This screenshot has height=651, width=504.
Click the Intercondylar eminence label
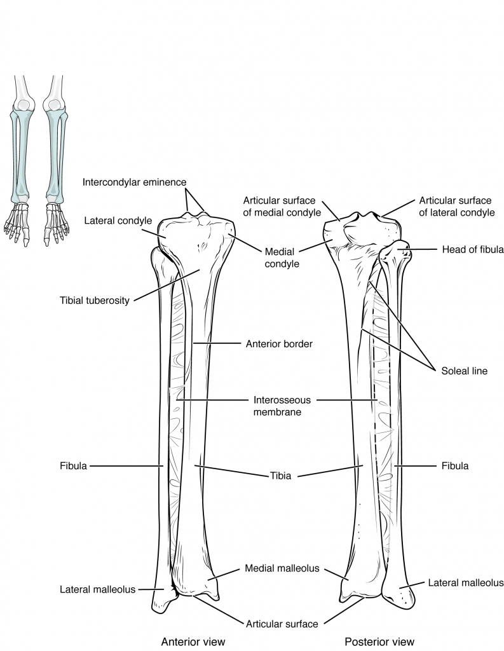click(x=134, y=182)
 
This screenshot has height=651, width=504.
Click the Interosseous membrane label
click(x=276, y=406)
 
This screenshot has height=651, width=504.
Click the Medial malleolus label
click(x=282, y=568)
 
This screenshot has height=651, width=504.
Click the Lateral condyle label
click(x=118, y=221)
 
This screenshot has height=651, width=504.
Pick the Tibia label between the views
click(x=278, y=475)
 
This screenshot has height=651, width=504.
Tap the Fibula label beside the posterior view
click(x=454, y=466)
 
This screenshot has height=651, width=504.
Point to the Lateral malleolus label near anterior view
click(x=97, y=589)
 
